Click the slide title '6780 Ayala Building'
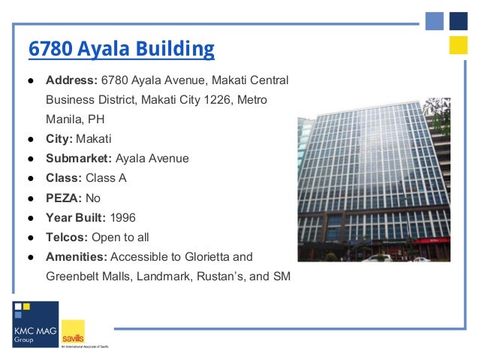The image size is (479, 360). [x=121, y=49]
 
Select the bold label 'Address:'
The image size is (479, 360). [x=71, y=80]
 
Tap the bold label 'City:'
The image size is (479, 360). [x=59, y=139]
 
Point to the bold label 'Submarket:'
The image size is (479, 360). [x=78, y=159]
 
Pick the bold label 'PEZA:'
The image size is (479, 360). [x=64, y=198]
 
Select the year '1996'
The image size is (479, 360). [x=123, y=217]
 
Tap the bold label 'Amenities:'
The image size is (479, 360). [x=76, y=256]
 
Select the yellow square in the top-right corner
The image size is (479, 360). [x=458, y=45]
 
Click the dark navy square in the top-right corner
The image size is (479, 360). [x=458, y=21]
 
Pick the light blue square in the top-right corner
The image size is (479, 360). [x=435, y=21]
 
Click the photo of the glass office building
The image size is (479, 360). [x=374, y=179]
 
